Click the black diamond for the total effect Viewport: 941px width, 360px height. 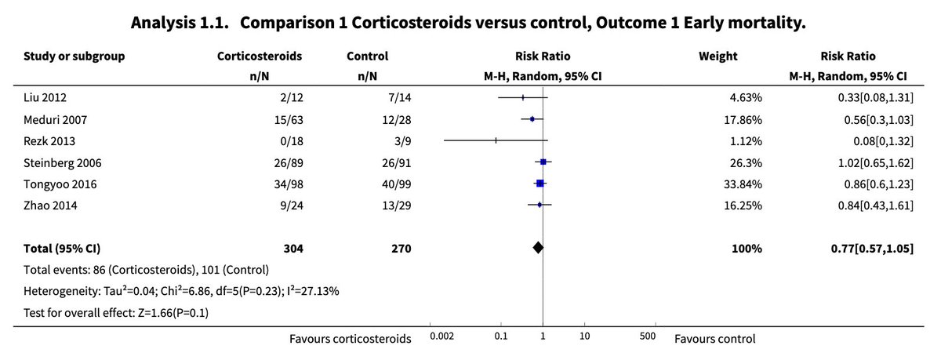pyautogui.click(x=538, y=248)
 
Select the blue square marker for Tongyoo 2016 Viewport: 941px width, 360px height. pyautogui.click(x=540, y=184)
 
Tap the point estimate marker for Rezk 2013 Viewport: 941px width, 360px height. pyautogui.click(x=496, y=141)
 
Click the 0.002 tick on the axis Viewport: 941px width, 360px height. pyautogui.click(x=441, y=336)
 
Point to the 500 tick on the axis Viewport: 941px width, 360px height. pyautogui.click(x=648, y=336)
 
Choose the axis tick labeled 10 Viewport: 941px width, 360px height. pyautogui.click(x=584, y=336)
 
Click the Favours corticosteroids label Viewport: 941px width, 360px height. pyautogui.click(x=350, y=339)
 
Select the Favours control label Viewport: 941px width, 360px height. pyautogui.click(x=714, y=339)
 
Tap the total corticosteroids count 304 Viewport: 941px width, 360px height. pyautogui.click(x=292, y=249)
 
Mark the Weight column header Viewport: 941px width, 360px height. pyautogui.click(x=718, y=56)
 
